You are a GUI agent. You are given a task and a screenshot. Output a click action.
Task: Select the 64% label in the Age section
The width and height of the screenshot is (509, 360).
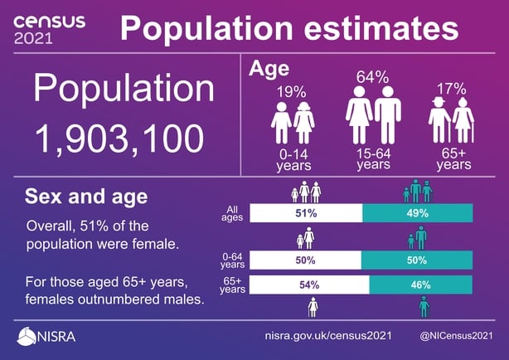(372, 77)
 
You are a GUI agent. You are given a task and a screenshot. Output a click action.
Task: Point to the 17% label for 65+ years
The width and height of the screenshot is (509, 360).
(451, 89)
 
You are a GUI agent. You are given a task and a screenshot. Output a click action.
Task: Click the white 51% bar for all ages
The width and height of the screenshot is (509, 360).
(306, 213)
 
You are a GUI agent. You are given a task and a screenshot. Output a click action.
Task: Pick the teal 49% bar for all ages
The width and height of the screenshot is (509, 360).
(417, 213)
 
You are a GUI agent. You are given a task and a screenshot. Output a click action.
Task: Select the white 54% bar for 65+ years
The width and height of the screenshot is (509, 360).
(309, 285)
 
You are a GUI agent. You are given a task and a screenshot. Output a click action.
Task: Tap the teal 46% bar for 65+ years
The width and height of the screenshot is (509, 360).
(420, 285)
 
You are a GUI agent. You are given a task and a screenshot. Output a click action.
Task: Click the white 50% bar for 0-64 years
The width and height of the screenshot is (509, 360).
(306, 260)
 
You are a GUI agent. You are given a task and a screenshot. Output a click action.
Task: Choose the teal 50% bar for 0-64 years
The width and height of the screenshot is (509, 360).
(417, 260)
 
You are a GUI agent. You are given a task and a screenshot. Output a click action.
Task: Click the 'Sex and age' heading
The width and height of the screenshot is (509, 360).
(86, 197)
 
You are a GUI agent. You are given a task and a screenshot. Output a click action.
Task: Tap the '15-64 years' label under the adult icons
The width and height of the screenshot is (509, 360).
(373, 159)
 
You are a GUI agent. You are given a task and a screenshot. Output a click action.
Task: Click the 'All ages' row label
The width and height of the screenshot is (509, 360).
(232, 213)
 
